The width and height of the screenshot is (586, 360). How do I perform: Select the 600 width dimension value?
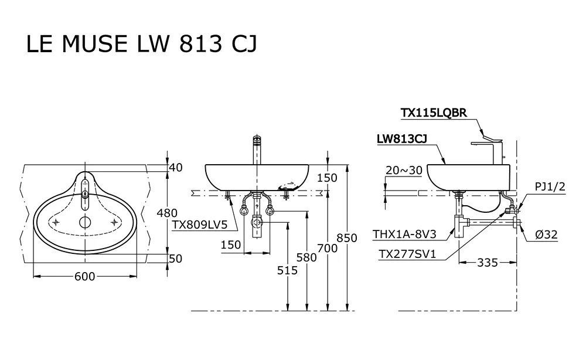84,277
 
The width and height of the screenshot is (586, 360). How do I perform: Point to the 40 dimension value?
175,168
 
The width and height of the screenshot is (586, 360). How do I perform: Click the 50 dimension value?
175,259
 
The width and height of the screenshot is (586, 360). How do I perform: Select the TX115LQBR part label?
434,113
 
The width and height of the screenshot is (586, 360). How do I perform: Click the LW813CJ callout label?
401,139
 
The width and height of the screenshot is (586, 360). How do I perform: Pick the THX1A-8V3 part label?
404,235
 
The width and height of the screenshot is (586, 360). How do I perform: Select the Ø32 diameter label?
546,235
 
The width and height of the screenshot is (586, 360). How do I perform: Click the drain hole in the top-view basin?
86,222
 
